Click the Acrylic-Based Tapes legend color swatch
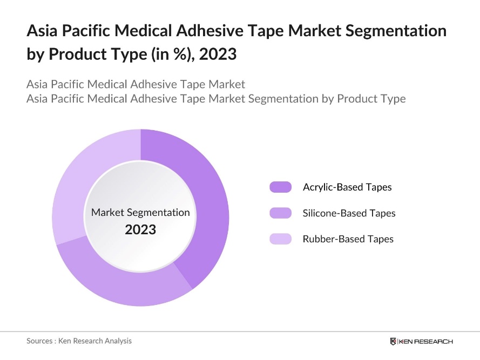click(280, 187)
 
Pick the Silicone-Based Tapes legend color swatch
click(280, 213)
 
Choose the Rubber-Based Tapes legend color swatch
click(280, 239)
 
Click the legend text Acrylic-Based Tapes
click(347, 187)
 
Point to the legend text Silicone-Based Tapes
click(349, 213)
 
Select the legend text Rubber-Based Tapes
click(348, 239)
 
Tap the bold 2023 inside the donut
click(140, 229)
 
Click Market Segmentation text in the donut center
click(140, 212)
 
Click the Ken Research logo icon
click(393, 341)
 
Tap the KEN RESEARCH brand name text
click(426, 341)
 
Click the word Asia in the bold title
click(42, 31)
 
